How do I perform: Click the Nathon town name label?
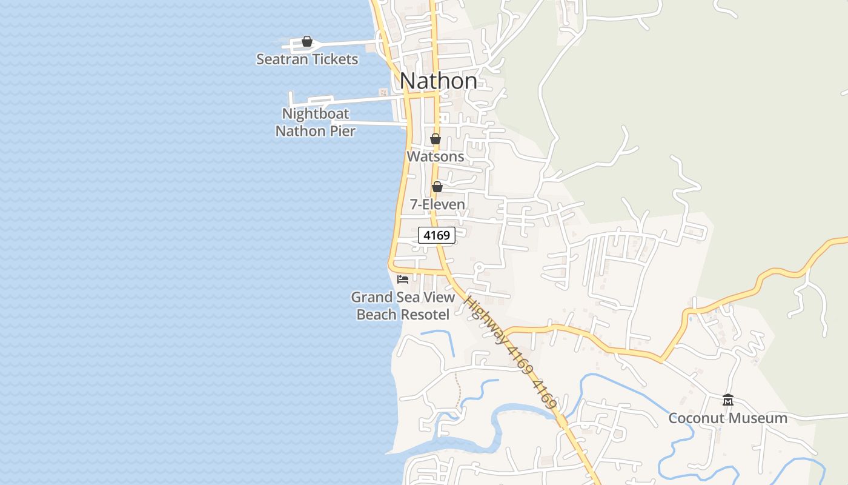[439, 81]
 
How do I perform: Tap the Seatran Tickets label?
[307, 59]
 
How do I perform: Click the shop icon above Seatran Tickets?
[307, 41]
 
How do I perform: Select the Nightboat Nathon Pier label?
[315, 122]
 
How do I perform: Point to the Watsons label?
[435, 156]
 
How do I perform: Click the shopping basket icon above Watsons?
[435, 139]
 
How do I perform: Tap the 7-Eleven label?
[437, 204]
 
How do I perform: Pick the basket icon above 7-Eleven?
[437, 187]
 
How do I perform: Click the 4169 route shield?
[437, 235]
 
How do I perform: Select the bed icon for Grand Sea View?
[403, 279]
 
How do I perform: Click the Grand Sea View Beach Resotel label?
[403, 306]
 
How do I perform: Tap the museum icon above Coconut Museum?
[728, 400]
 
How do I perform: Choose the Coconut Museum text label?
[728, 418]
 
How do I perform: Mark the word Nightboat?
[316, 114]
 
